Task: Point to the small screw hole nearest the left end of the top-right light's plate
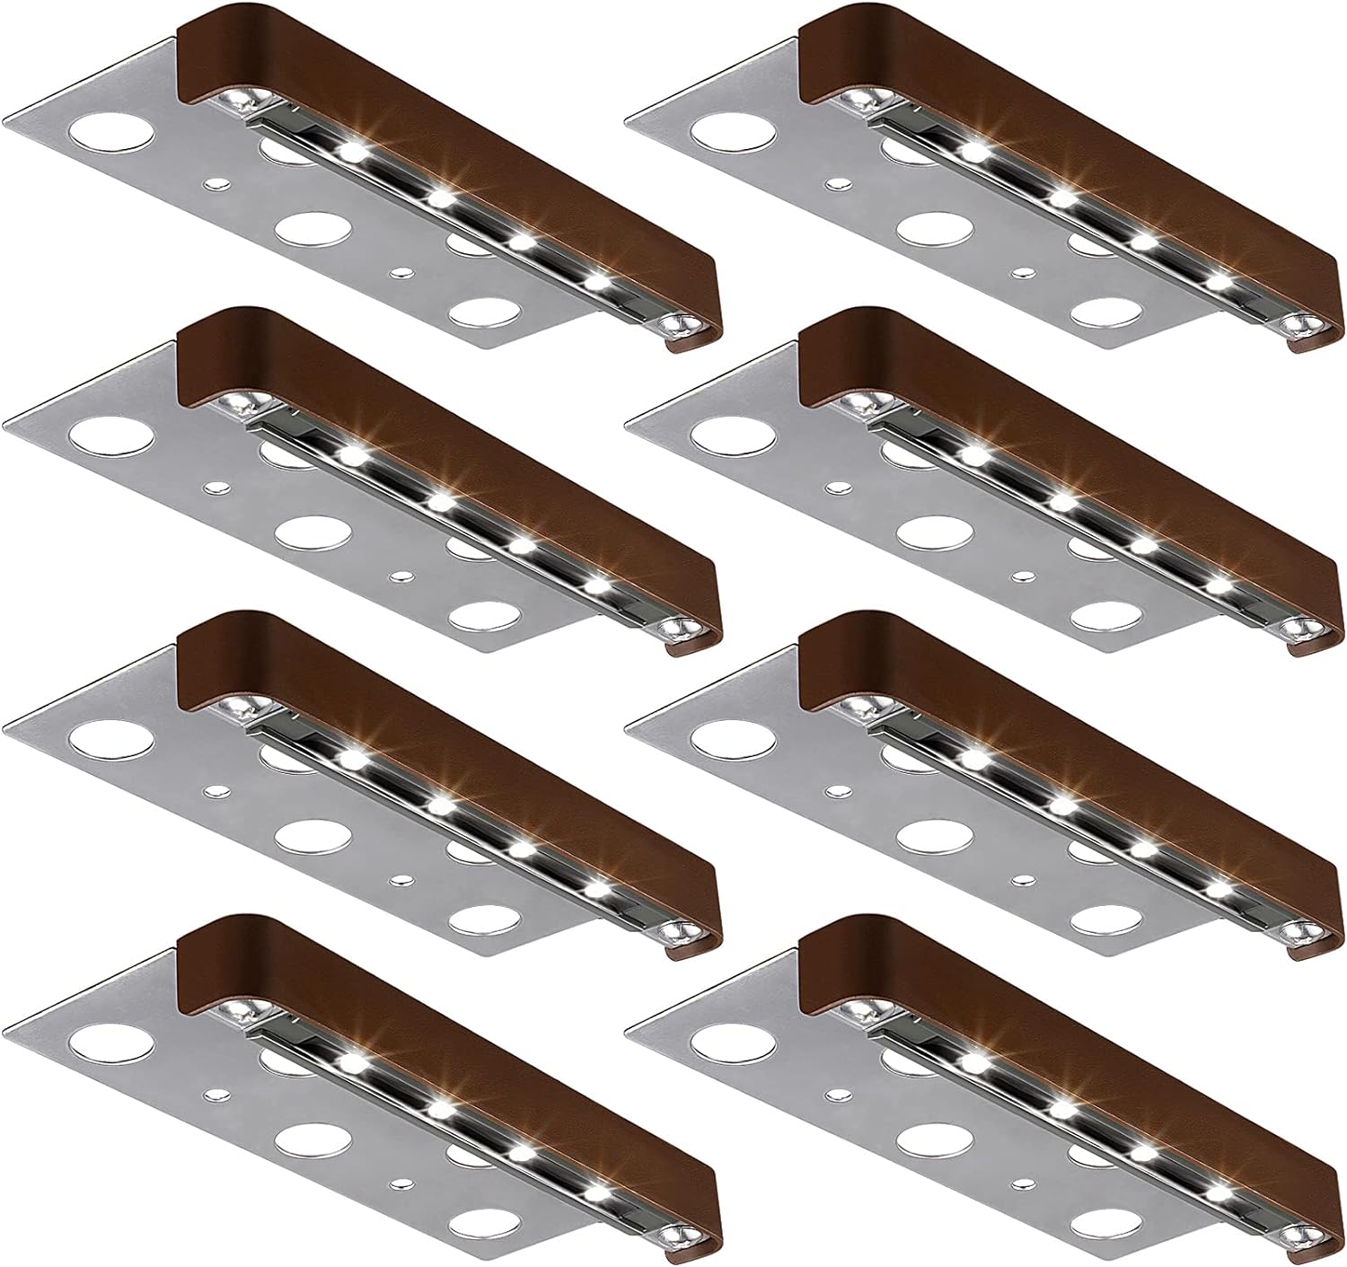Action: [x=837, y=183]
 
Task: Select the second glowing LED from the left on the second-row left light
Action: [x=439, y=499]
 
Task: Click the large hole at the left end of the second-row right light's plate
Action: [x=732, y=438]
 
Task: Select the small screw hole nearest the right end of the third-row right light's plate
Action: [x=1022, y=877]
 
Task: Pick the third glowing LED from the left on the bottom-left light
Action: [x=521, y=1148]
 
